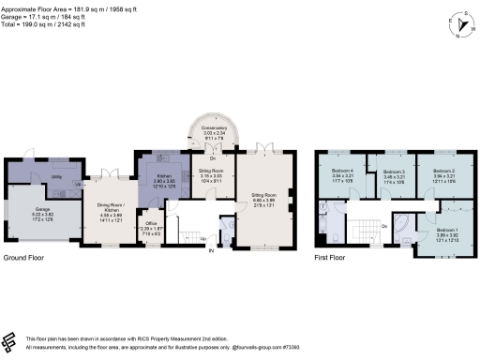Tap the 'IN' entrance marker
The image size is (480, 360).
click(x=211, y=251)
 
